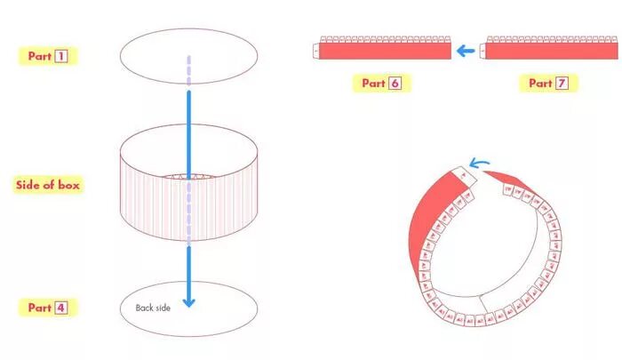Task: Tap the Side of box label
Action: click(x=50, y=186)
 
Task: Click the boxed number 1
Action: click(x=61, y=56)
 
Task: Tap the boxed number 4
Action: click(x=61, y=308)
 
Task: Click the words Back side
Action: click(x=152, y=308)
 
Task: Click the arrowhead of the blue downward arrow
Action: click(x=187, y=301)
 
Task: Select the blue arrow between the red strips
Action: click(x=465, y=51)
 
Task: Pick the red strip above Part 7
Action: click(x=547, y=52)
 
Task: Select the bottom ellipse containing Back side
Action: click(x=222, y=307)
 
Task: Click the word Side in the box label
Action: click(x=29, y=186)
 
